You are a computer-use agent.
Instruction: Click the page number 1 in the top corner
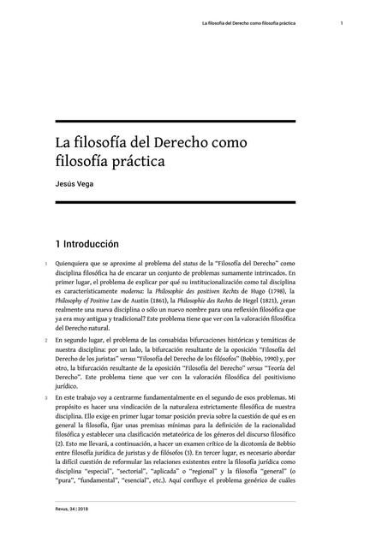[x=341, y=23]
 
